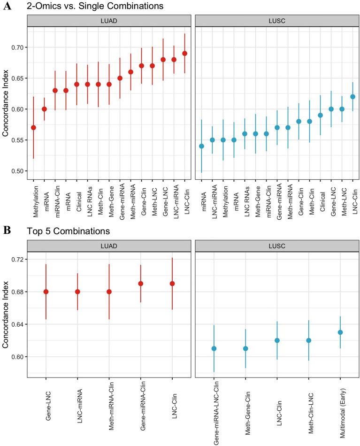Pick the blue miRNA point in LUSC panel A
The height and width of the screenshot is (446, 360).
tap(201, 146)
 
